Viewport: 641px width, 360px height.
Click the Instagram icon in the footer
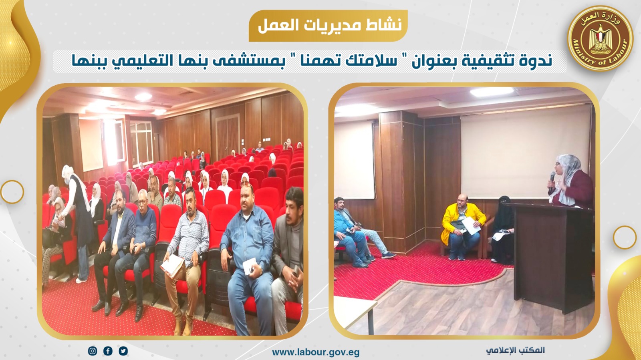point(93,351)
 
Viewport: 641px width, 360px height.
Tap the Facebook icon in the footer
point(108,351)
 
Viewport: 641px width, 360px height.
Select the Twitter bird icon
point(123,351)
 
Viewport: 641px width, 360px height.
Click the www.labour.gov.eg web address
point(316,352)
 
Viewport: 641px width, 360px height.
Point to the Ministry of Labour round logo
point(601,38)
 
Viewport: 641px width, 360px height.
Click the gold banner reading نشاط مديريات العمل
point(328,26)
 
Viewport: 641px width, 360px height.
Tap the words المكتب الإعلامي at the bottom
point(515,350)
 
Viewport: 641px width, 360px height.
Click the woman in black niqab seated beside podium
point(502,229)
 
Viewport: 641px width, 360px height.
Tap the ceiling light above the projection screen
point(492,91)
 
